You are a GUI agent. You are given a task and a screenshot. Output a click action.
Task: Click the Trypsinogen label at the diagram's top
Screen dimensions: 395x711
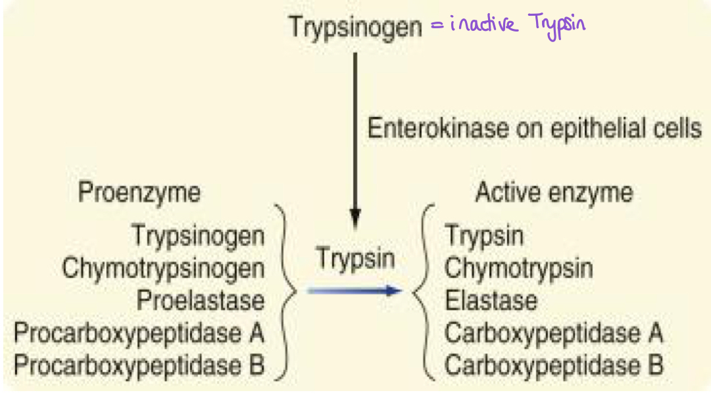[355, 28]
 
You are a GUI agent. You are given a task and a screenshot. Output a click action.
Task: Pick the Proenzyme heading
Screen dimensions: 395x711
[139, 193]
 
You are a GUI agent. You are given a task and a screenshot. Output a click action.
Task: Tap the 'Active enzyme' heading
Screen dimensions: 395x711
[554, 193]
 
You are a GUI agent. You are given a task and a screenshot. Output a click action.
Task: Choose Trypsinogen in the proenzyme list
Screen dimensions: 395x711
[198, 235]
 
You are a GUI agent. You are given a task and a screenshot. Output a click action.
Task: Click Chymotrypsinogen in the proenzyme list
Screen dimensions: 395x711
[163, 268]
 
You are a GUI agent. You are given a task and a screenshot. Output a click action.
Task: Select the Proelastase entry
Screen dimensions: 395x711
[200, 300]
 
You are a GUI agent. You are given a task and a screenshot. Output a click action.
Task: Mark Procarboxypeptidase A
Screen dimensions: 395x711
[139, 333]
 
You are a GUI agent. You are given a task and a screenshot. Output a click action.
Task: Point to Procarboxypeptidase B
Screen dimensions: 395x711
[139, 365]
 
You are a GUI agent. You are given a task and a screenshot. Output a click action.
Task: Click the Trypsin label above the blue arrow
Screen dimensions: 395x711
[355, 257]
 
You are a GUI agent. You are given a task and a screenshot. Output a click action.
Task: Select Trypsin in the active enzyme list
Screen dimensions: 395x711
[484, 235]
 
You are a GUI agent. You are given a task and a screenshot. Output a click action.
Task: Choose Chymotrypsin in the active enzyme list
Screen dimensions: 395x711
[518, 268]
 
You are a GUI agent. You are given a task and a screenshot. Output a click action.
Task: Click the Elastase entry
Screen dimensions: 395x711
[491, 300]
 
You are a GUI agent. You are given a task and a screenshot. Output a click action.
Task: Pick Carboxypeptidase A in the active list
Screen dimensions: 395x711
[553, 333]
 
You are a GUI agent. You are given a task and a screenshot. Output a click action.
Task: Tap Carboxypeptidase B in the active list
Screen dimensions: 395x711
[553, 365]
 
